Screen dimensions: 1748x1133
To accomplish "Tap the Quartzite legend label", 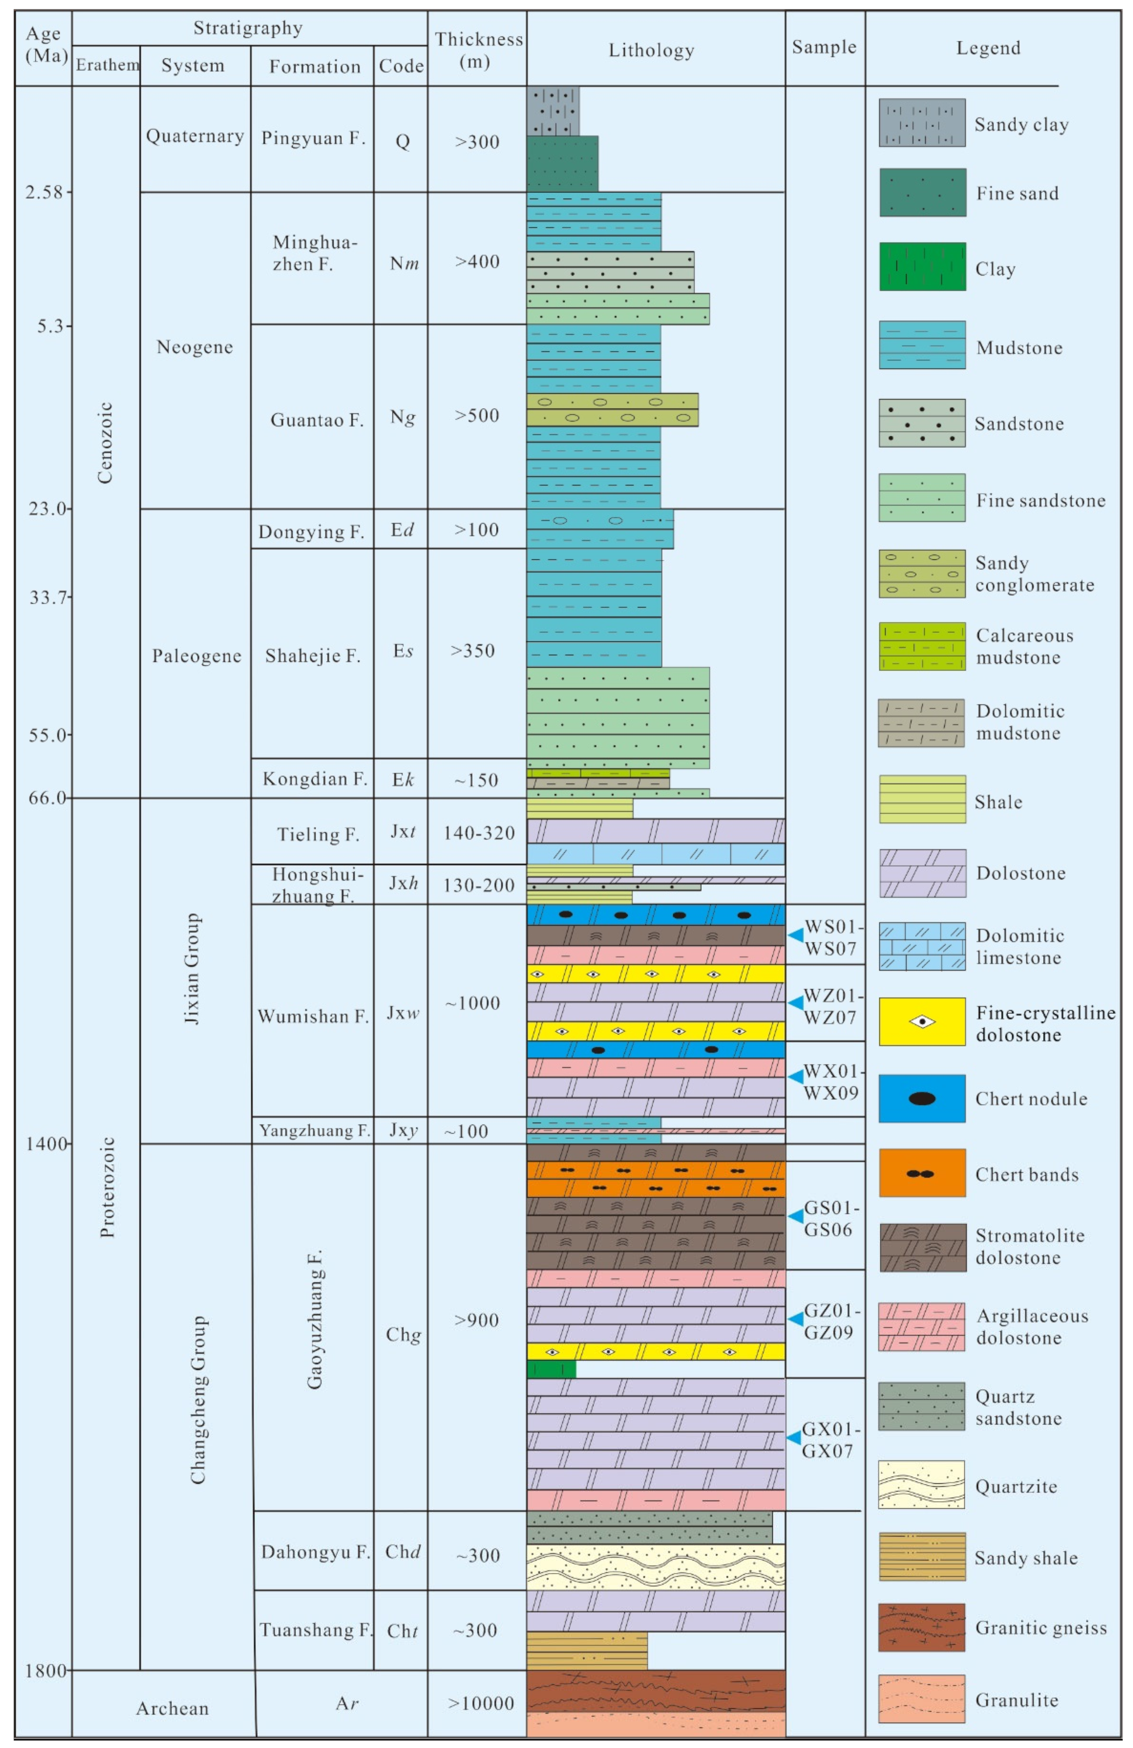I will click(x=1017, y=1486).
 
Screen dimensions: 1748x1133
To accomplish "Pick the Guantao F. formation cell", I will click(x=316, y=419).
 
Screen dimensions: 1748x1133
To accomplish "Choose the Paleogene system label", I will click(x=196, y=655).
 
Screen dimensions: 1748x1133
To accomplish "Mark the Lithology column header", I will click(x=651, y=50).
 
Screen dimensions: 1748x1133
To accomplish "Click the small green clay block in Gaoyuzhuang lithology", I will click(x=551, y=1369).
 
